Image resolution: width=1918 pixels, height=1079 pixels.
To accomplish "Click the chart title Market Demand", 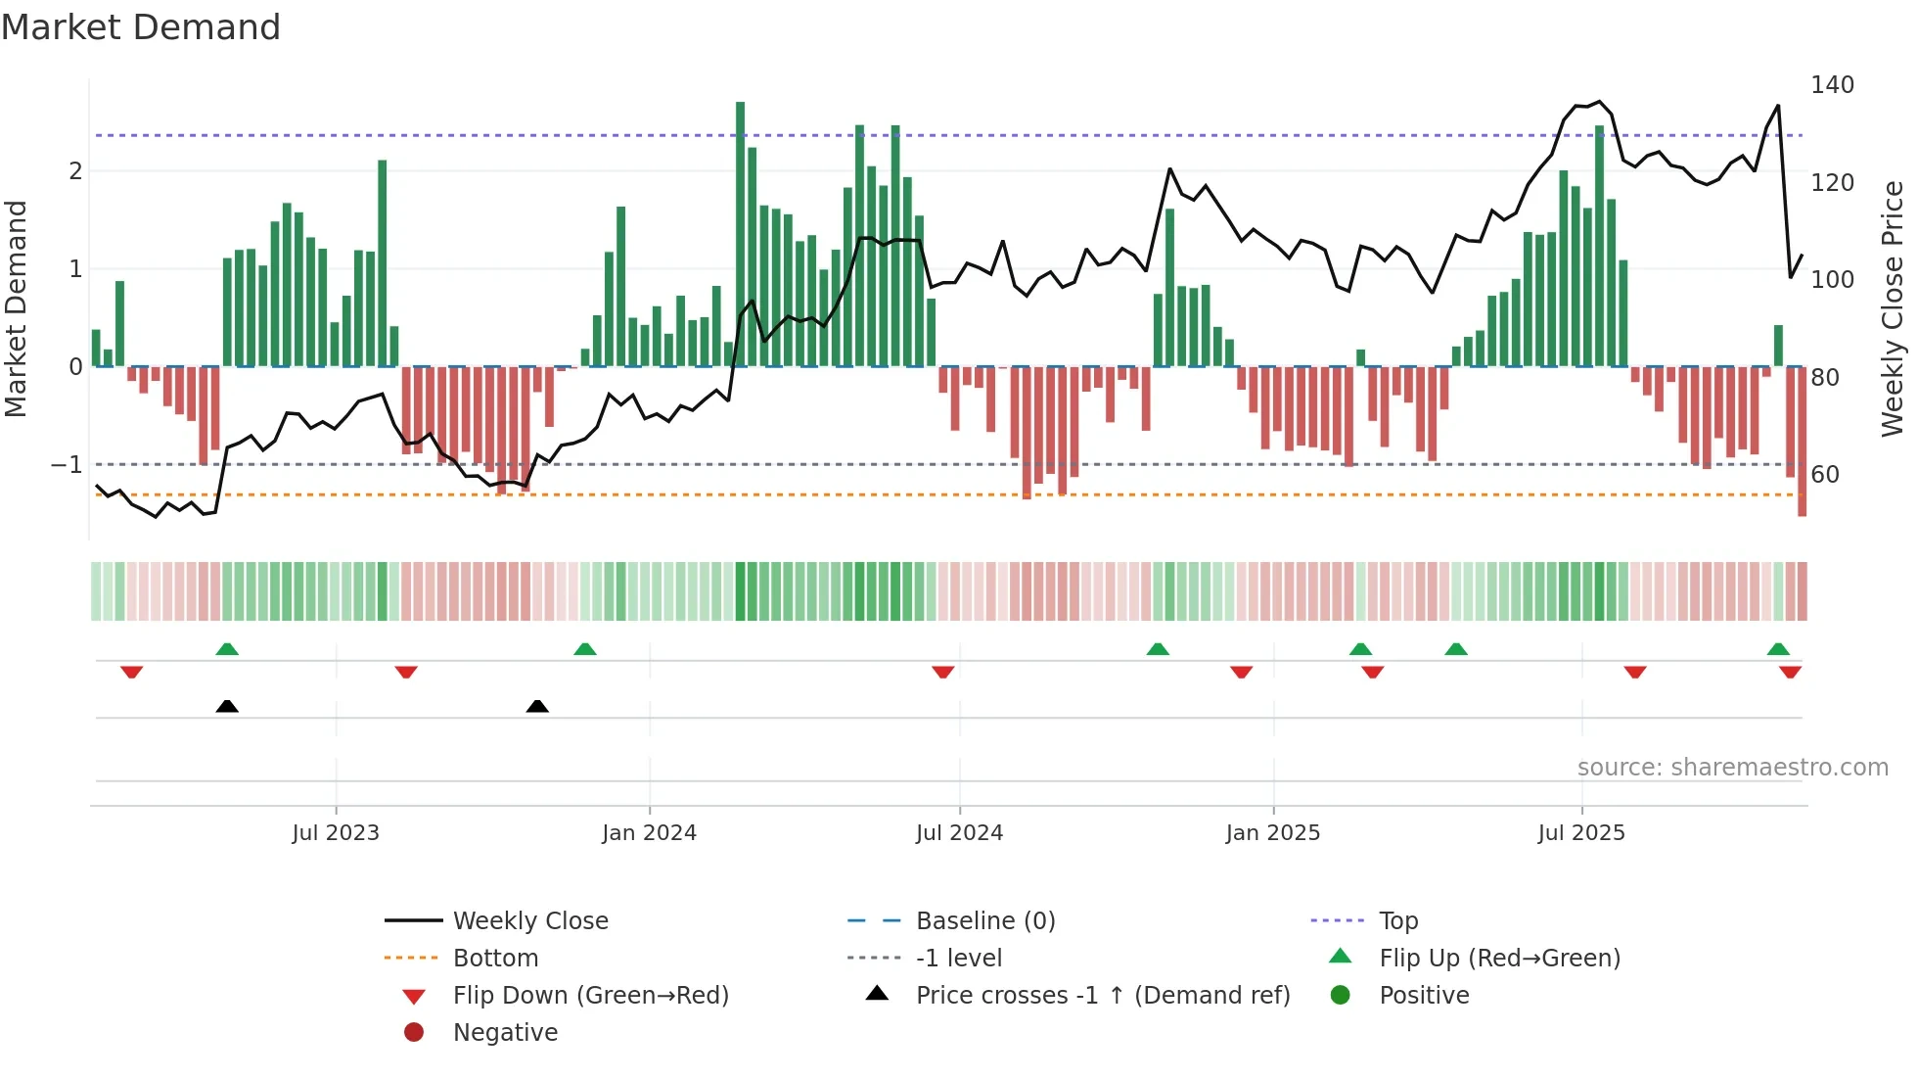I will click(141, 27).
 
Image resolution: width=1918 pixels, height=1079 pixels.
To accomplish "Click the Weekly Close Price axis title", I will click(1893, 308).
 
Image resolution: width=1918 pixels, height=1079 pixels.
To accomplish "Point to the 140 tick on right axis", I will click(1832, 85).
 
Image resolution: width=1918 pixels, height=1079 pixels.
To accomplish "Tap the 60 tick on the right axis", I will click(1825, 475).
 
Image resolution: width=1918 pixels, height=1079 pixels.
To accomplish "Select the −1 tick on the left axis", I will click(67, 464).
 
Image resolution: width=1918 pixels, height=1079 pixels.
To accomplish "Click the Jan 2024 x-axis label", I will click(649, 833).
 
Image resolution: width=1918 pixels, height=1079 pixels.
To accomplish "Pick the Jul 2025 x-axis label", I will click(1580, 833).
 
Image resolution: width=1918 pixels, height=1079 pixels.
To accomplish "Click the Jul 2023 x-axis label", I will click(335, 833).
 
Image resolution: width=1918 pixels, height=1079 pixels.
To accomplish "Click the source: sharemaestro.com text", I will click(1732, 768).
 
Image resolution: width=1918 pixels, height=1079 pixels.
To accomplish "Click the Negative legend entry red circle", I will click(414, 1033).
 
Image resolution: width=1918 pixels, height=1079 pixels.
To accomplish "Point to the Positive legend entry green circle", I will click(1341, 996).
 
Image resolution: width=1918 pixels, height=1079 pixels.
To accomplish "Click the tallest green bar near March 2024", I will click(740, 235).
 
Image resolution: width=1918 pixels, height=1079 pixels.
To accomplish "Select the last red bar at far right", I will click(1802, 441).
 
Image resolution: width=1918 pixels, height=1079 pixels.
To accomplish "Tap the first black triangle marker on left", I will click(227, 706).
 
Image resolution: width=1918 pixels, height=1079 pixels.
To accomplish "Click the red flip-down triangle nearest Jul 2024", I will click(943, 672).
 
